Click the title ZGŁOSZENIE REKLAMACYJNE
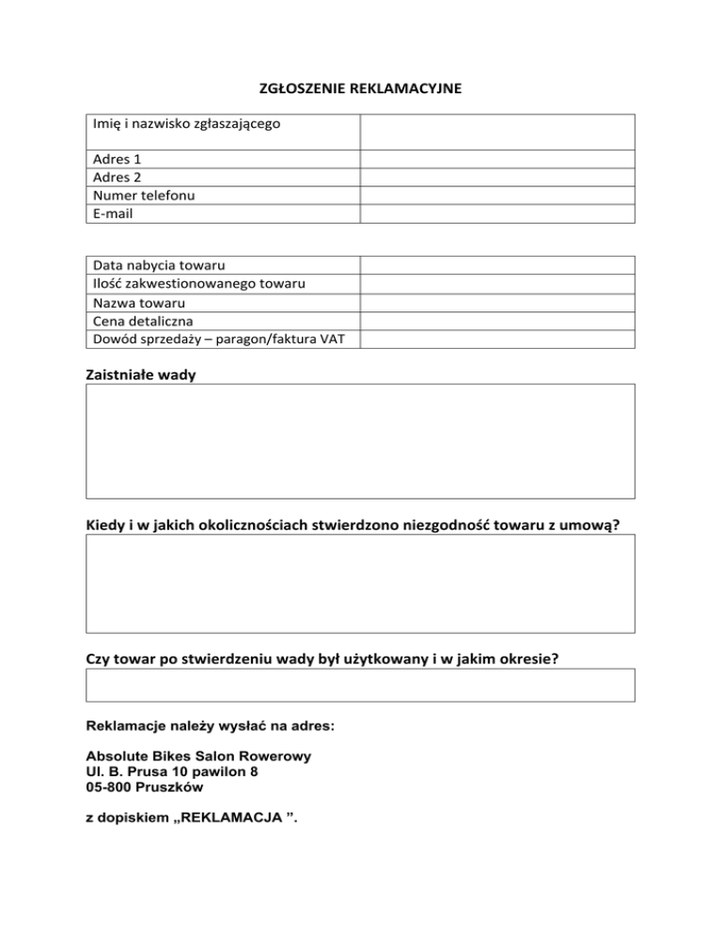tap(361, 90)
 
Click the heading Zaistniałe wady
tap(142, 374)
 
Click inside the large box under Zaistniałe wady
tap(361, 440)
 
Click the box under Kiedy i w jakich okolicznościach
tap(361, 583)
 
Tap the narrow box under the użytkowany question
tap(361, 685)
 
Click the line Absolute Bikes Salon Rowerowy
tap(199, 755)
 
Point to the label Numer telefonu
tap(144, 195)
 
